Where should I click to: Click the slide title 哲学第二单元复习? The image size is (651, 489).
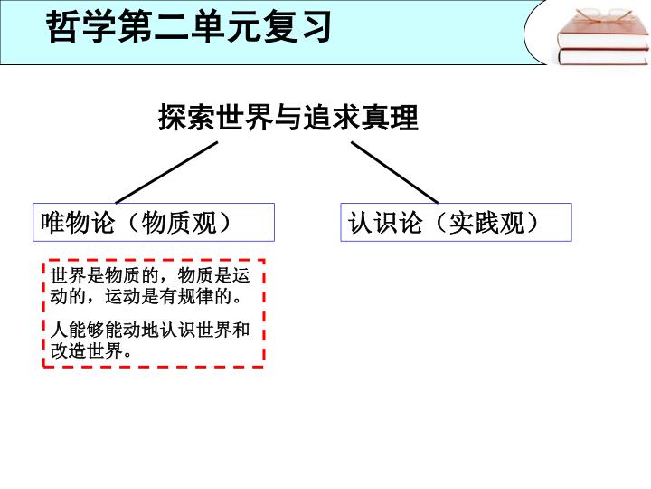coord(189,26)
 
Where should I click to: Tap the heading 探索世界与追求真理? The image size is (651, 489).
coord(288,118)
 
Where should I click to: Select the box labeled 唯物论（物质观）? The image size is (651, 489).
coord(154,222)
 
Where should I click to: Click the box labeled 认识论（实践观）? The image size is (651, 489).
coord(456,222)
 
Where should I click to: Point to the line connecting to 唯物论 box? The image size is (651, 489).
coord(166,173)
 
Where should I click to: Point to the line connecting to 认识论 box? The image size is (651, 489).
coord(395,173)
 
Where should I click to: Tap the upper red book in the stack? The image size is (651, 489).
coord(603,34)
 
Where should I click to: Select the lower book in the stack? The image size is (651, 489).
coord(603,56)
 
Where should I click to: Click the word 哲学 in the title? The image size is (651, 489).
coord(81,26)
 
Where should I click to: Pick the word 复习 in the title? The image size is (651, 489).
coord(297,26)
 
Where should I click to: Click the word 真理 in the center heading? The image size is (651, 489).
coord(390,118)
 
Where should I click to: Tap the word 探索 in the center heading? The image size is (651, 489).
coord(187,118)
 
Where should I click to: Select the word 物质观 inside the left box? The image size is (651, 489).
coord(179,223)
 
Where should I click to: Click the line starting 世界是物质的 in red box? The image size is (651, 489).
coord(150,275)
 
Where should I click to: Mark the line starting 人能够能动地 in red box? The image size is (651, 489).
coord(150,331)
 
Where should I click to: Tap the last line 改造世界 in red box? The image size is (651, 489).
coord(91,351)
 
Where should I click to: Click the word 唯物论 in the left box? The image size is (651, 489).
coord(78,223)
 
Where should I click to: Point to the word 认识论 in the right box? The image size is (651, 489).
coord(385,223)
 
